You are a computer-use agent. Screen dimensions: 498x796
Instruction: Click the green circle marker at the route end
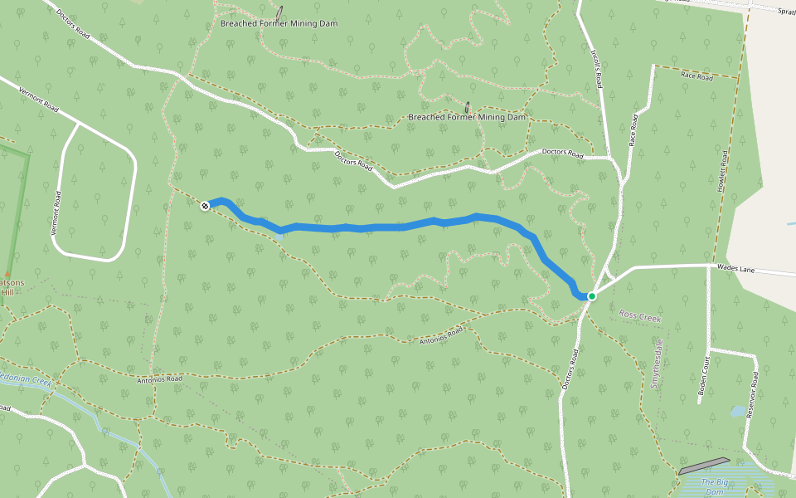tap(592, 296)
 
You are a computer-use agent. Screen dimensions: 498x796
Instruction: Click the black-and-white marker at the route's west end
tap(205, 205)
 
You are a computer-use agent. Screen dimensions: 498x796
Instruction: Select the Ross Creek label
tap(638, 315)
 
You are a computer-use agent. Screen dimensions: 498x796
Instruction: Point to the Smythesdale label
tap(656, 364)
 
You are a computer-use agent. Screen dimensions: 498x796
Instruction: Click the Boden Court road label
tap(704, 378)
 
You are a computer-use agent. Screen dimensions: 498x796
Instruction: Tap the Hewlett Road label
tap(723, 173)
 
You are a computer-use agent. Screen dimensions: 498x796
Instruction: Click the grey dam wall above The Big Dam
tap(704, 466)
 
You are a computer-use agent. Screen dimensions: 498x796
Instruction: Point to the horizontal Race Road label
tap(696, 76)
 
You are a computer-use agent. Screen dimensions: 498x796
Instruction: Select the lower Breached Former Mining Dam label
tap(467, 117)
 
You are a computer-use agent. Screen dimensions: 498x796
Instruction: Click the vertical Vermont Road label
tap(56, 212)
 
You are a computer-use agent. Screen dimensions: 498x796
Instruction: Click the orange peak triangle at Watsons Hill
tap(7, 274)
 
